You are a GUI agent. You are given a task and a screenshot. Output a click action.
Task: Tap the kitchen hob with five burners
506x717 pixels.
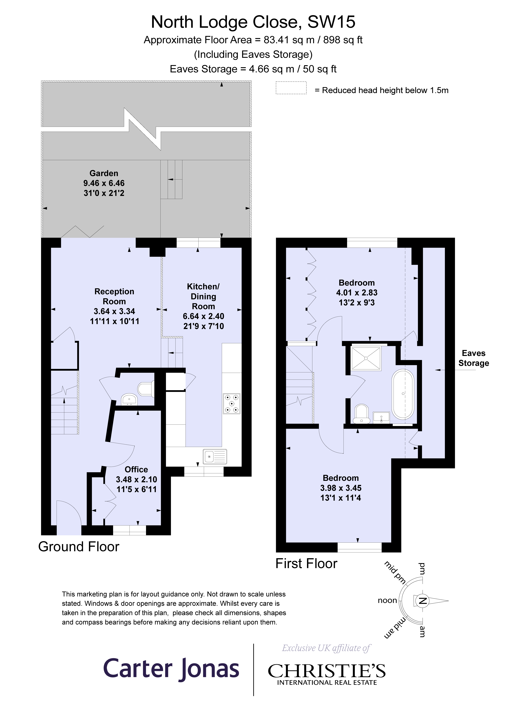point(231,404)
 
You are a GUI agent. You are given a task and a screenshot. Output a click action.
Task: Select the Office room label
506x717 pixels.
point(136,469)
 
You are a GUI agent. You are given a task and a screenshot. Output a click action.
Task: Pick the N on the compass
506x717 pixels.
point(423,600)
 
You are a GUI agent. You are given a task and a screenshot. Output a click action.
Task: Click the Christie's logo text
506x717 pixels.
point(327,671)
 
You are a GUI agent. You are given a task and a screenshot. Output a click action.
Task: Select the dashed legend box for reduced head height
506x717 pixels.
point(291,88)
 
